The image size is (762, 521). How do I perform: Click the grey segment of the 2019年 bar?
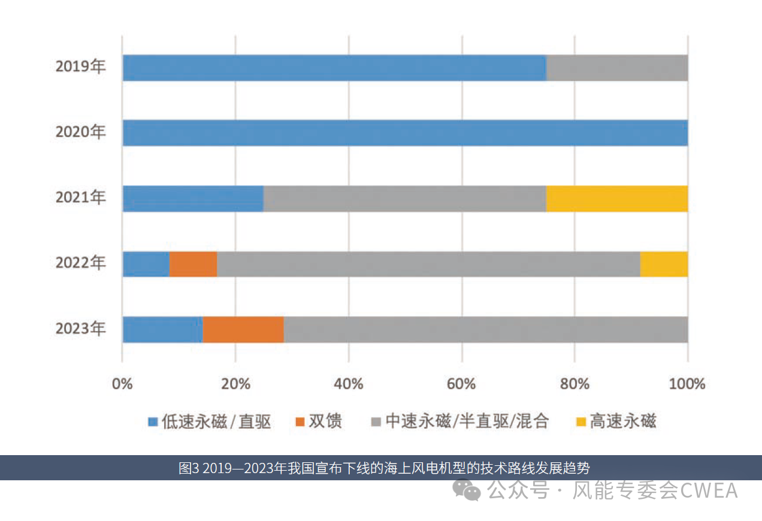616,68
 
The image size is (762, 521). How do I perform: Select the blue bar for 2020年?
405,133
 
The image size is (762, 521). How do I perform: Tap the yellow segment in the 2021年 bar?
616,198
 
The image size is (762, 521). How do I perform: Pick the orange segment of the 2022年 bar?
193,264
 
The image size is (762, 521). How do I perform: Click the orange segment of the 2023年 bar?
243,329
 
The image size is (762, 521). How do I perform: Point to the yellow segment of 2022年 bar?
664,264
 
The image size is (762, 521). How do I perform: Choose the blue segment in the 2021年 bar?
193,198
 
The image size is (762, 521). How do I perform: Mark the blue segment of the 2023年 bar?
162,329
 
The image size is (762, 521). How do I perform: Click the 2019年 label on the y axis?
80,66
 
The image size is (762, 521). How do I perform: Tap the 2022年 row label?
80,263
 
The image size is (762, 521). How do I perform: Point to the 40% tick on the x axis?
348,384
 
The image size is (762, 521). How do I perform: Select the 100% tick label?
687,384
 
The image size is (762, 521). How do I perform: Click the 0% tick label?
122,384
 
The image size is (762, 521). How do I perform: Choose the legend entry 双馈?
325,422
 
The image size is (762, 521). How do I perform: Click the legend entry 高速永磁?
623,422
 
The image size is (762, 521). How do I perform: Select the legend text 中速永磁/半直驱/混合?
467,422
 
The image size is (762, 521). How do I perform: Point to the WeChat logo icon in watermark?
467,491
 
